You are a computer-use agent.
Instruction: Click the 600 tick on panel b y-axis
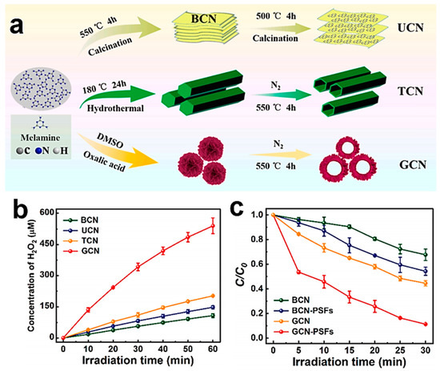(x=49, y=212)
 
